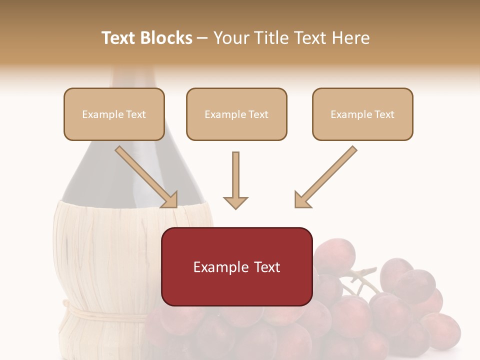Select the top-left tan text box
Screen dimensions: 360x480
pyautogui.click(x=114, y=114)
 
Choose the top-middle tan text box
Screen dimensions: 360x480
pyautogui.click(x=236, y=114)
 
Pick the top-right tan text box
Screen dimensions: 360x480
pyautogui.click(x=362, y=114)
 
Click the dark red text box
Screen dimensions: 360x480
pyautogui.click(x=236, y=266)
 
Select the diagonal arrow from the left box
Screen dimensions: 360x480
pyautogui.click(x=146, y=177)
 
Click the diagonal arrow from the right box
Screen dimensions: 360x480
pyautogui.click(x=326, y=177)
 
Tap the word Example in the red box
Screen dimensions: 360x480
pyautogui.click(x=215, y=267)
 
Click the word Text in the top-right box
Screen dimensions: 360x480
pyautogui.click(x=384, y=114)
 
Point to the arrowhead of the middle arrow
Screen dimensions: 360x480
pyautogui.click(x=235, y=202)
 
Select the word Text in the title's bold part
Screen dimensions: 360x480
pyautogui.click(x=118, y=38)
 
